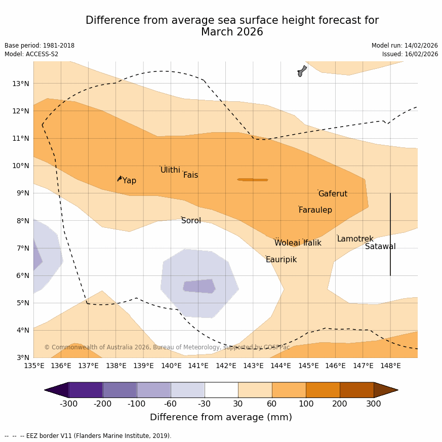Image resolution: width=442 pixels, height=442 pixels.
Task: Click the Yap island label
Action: [129, 181]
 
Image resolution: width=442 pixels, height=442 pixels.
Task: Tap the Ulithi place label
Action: [170, 170]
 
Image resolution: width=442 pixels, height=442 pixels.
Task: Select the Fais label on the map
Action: [190, 175]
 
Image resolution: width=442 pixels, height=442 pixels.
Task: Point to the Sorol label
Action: [191, 221]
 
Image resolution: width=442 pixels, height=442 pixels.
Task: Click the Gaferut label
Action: [333, 194]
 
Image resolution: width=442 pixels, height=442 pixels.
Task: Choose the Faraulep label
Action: [315, 210]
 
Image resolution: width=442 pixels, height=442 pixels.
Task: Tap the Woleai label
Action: [287, 243]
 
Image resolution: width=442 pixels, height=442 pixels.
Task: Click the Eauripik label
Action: [281, 260]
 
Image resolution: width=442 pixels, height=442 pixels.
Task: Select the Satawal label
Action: [380, 247]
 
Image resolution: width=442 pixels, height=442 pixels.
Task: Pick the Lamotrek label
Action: [355, 239]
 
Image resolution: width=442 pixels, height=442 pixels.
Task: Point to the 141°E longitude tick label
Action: [198, 366]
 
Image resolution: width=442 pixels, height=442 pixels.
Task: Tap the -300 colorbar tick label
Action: [69, 404]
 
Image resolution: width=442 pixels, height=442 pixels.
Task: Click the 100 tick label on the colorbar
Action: [306, 404]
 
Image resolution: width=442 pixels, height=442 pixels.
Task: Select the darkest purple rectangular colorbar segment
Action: [86, 390]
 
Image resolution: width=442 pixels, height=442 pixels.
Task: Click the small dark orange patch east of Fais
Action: [253, 180]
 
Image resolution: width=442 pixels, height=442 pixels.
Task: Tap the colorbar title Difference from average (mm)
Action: [221, 417]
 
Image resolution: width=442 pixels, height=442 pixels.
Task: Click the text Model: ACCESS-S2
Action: [31, 54]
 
